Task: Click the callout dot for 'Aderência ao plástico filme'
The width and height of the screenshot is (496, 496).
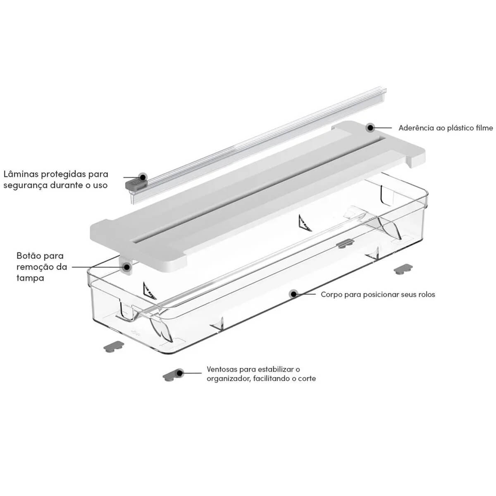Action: (x=370, y=127)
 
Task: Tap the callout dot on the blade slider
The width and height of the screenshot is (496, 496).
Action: (x=142, y=177)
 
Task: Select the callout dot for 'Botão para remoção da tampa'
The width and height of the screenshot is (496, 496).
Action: (x=126, y=267)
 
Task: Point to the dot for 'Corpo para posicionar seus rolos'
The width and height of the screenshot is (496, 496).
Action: (x=293, y=294)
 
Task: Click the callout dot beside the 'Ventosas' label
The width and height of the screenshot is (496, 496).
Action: (x=179, y=372)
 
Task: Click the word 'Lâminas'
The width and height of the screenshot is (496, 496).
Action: (x=20, y=174)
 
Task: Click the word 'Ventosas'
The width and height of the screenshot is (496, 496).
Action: (x=222, y=369)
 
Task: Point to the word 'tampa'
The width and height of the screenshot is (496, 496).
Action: (x=30, y=278)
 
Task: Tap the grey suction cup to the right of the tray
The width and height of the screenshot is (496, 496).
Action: (x=403, y=269)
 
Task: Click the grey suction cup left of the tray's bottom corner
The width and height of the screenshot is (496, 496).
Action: (x=114, y=347)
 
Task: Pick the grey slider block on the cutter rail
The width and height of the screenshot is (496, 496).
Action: (x=136, y=184)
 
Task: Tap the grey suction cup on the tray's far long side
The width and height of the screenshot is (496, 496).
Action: (x=346, y=243)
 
